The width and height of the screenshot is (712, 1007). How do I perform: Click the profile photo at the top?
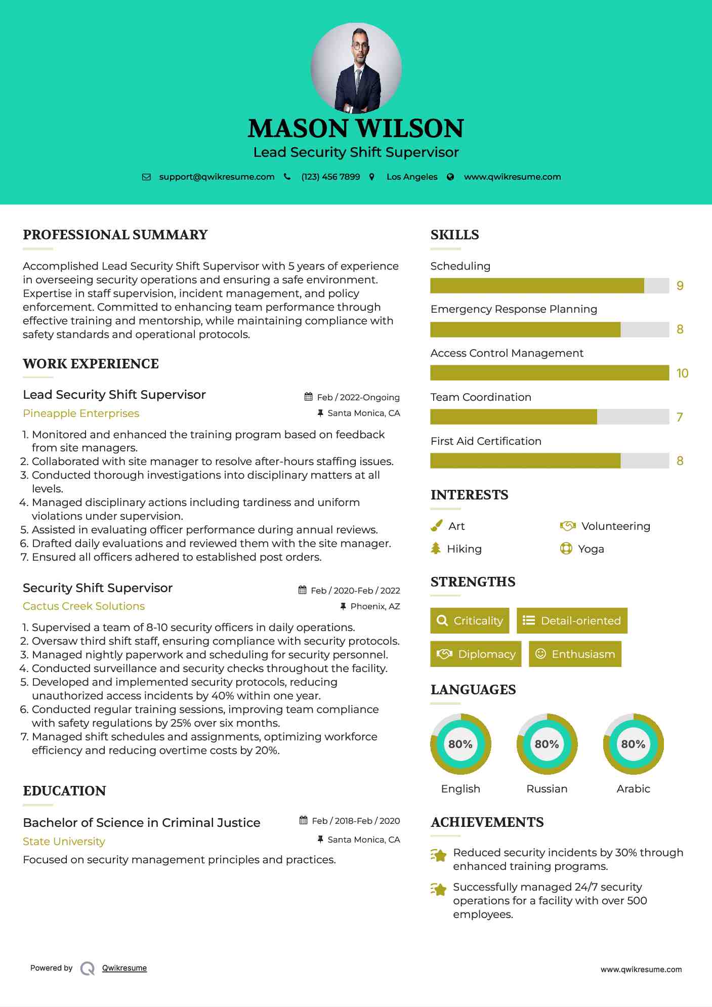pos(356,68)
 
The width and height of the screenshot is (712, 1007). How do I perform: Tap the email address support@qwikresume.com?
pos(217,177)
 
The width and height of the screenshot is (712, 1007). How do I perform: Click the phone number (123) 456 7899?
pos(330,177)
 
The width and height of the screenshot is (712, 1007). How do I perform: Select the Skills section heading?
pos(454,235)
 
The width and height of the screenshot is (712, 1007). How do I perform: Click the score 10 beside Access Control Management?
pos(682,373)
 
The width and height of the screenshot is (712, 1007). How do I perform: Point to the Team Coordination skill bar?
pos(549,417)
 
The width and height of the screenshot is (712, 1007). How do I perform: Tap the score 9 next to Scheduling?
pos(680,286)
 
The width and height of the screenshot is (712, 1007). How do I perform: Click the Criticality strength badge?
pos(470,620)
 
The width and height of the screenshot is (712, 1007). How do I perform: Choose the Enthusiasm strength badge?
pos(575,654)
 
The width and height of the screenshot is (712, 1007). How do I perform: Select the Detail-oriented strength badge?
pos(572,620)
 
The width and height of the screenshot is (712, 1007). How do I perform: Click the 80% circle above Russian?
pos(547,744)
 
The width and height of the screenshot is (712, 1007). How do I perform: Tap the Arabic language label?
pos(633,788)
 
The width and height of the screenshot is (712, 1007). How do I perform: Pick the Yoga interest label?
pos(591,549)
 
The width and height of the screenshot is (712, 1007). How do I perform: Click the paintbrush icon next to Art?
pos(436,526)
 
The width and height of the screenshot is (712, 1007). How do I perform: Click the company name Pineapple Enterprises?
pos(81,413)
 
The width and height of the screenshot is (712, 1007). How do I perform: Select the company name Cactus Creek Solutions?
pos(83,606)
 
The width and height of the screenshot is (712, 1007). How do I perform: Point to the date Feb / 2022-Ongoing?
pos(358,397)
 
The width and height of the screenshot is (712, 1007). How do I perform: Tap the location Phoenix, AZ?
pos(375,606)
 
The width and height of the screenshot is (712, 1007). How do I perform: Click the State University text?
pos(64,842)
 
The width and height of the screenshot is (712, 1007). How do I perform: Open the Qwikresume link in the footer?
pos(124,968)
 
